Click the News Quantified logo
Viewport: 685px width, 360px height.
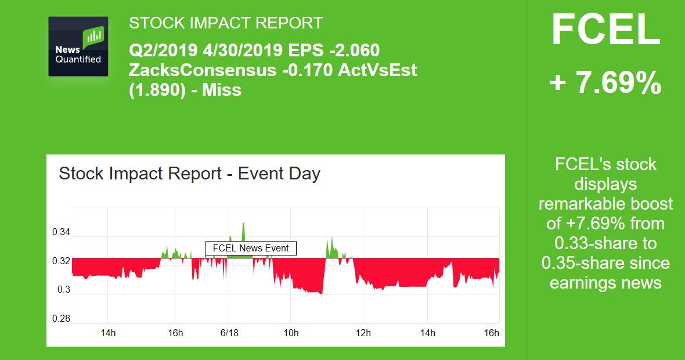click(x=78, y=47)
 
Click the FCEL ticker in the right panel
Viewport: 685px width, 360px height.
click(x=605, y=30)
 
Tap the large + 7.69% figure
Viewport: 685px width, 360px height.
click(x=605, y=84)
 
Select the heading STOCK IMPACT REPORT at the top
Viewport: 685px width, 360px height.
click(x=226, y=23)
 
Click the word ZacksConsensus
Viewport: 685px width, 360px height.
click(x=202, y=70)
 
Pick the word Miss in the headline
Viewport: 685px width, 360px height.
click(x=222, y=90)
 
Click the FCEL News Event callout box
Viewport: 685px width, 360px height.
click(x=251, y=249)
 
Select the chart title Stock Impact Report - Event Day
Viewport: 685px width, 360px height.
click(x=189, y=174)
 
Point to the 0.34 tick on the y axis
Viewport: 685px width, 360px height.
click(x=61, y=232)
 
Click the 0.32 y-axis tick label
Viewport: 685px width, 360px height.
click(x=61, y=261)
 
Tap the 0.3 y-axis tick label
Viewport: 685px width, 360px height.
click(x=64, y=289)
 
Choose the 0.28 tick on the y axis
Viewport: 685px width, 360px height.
click(x=61, y=318)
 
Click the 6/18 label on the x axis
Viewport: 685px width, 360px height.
click(x=229, y=333)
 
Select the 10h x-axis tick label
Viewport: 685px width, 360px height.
click(x=291, y=333)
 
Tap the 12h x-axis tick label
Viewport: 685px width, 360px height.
click(x=363, y=333)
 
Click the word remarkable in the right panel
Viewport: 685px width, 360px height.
click(x=605, y=204)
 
